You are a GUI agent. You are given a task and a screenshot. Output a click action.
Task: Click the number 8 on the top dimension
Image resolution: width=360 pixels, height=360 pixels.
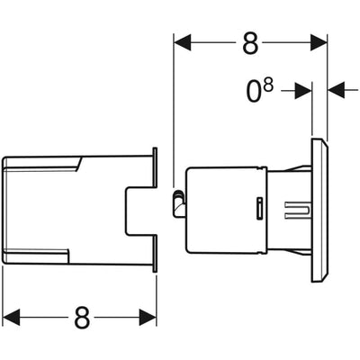coord(250,43)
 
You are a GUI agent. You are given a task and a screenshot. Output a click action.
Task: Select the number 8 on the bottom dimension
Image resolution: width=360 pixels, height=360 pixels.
coord(82,317)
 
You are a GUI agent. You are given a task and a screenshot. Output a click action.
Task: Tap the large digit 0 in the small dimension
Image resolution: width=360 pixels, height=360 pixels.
coord(254,92)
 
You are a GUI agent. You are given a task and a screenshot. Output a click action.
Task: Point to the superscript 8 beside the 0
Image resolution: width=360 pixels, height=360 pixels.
coord(268,85)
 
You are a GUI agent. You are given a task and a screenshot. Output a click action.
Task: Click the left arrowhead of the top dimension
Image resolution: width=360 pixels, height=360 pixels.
coord(183,42)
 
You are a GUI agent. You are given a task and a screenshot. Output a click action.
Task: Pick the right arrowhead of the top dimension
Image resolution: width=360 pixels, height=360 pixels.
coord(319,42)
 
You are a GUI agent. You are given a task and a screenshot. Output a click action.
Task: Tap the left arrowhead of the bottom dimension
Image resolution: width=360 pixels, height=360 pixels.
coord(12,317)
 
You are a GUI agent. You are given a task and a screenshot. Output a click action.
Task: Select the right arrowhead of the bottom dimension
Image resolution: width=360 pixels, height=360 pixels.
coord(148,317)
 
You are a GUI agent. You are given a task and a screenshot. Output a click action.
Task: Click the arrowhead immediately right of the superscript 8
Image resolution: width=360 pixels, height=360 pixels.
coord(303,91)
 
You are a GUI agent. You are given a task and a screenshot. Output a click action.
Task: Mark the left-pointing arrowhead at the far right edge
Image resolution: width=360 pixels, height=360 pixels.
coord(336,89)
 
